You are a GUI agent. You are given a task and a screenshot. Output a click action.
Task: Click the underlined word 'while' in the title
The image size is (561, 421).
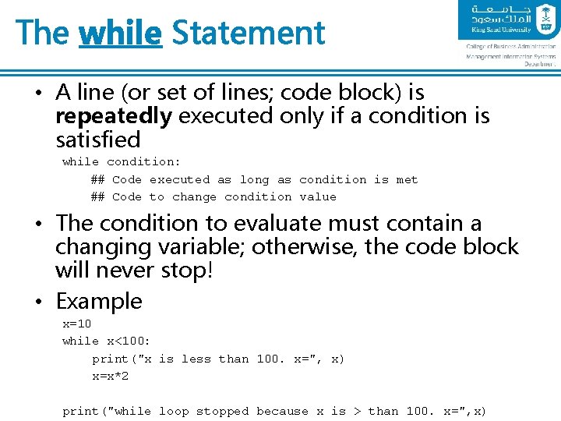121,33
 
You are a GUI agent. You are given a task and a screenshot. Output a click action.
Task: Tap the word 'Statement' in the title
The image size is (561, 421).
248,33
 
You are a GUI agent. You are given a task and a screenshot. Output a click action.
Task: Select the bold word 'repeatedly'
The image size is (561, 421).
114,116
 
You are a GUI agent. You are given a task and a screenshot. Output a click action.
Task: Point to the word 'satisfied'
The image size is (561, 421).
98,140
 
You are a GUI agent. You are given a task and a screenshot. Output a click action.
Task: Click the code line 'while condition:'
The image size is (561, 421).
122,161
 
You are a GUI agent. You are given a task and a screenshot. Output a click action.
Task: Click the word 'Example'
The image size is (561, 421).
99,301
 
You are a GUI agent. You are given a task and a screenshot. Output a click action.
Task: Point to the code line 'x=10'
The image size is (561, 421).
77,323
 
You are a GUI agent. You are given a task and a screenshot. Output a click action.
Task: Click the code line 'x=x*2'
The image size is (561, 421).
111,376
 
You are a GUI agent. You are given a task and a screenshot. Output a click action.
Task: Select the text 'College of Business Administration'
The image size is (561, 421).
511,47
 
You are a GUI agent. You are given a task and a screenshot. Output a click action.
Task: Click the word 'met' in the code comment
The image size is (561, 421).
407,179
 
